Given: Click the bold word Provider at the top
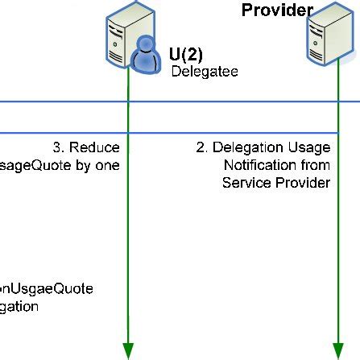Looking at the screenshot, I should click(x=276, y=10).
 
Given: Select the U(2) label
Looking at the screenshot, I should click(x=186, y=55).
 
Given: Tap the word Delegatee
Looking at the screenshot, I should click(x=204, y=72).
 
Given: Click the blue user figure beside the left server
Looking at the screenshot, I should click(x=144, y=59).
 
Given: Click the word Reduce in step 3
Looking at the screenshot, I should click(x=94, y=148).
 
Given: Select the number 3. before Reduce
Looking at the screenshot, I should click(x=59, y=148).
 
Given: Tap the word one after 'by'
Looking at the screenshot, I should click(x=106, y=165).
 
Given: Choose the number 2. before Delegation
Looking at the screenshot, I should click(x=202, y=148).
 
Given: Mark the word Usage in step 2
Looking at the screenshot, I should click(x=309, y=148).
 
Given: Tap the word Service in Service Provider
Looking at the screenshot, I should click(x=246, y=183).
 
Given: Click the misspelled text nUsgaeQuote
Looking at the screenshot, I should click(x=46, y=288).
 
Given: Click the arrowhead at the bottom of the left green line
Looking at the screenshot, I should click(x=127, y=350).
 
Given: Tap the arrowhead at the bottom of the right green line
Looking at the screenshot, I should click(x=336, y=350).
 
